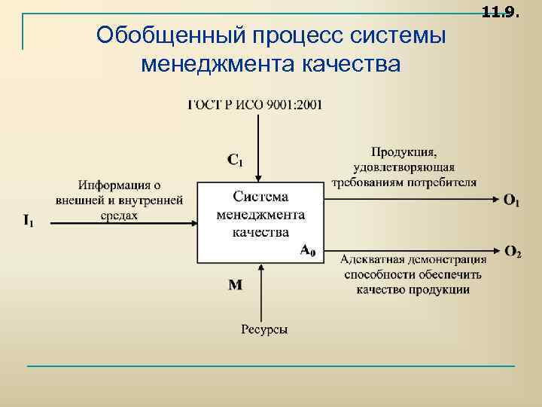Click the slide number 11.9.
[x=500, y=11]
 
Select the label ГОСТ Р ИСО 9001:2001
[x=254, y=105]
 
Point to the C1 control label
[x=236, y=159]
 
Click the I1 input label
[x=28, y=221]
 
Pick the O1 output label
[x=512, y=200]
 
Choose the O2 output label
[x=513, y=251]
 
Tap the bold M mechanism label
[x=235, y=285]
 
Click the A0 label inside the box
[x=308, y=250]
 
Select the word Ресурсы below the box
[x=264, y=329]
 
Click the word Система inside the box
[x=260, y=197]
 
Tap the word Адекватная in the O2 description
[x=371, y=261]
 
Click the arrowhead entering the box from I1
[x=194, y=221]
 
